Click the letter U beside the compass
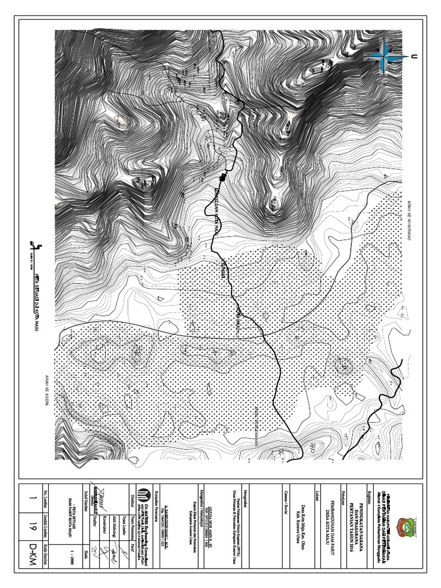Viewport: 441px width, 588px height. click(x=412, y=56)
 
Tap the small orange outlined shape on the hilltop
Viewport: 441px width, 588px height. click(x=119, y=121)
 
